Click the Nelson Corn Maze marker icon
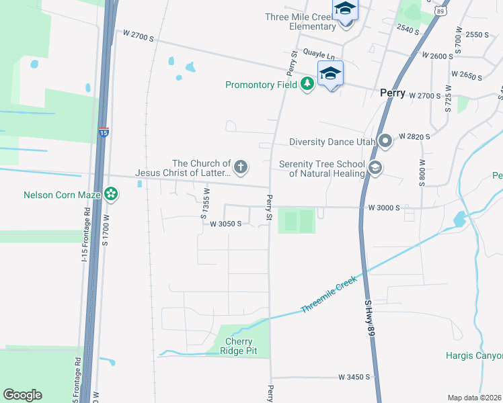[111, 195]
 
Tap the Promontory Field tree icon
[308, 84]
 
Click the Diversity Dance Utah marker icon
[385, 142]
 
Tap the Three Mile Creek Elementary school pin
[345, 10]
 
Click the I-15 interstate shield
[103, 132]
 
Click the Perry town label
[392, 93]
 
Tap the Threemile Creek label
[328, 296]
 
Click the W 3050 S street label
[225, 224]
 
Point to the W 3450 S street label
[354, 377]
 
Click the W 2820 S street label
[414, 136]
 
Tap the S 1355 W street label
[204, 203]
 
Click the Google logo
[22, 395]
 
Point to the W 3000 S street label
[384, 208]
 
